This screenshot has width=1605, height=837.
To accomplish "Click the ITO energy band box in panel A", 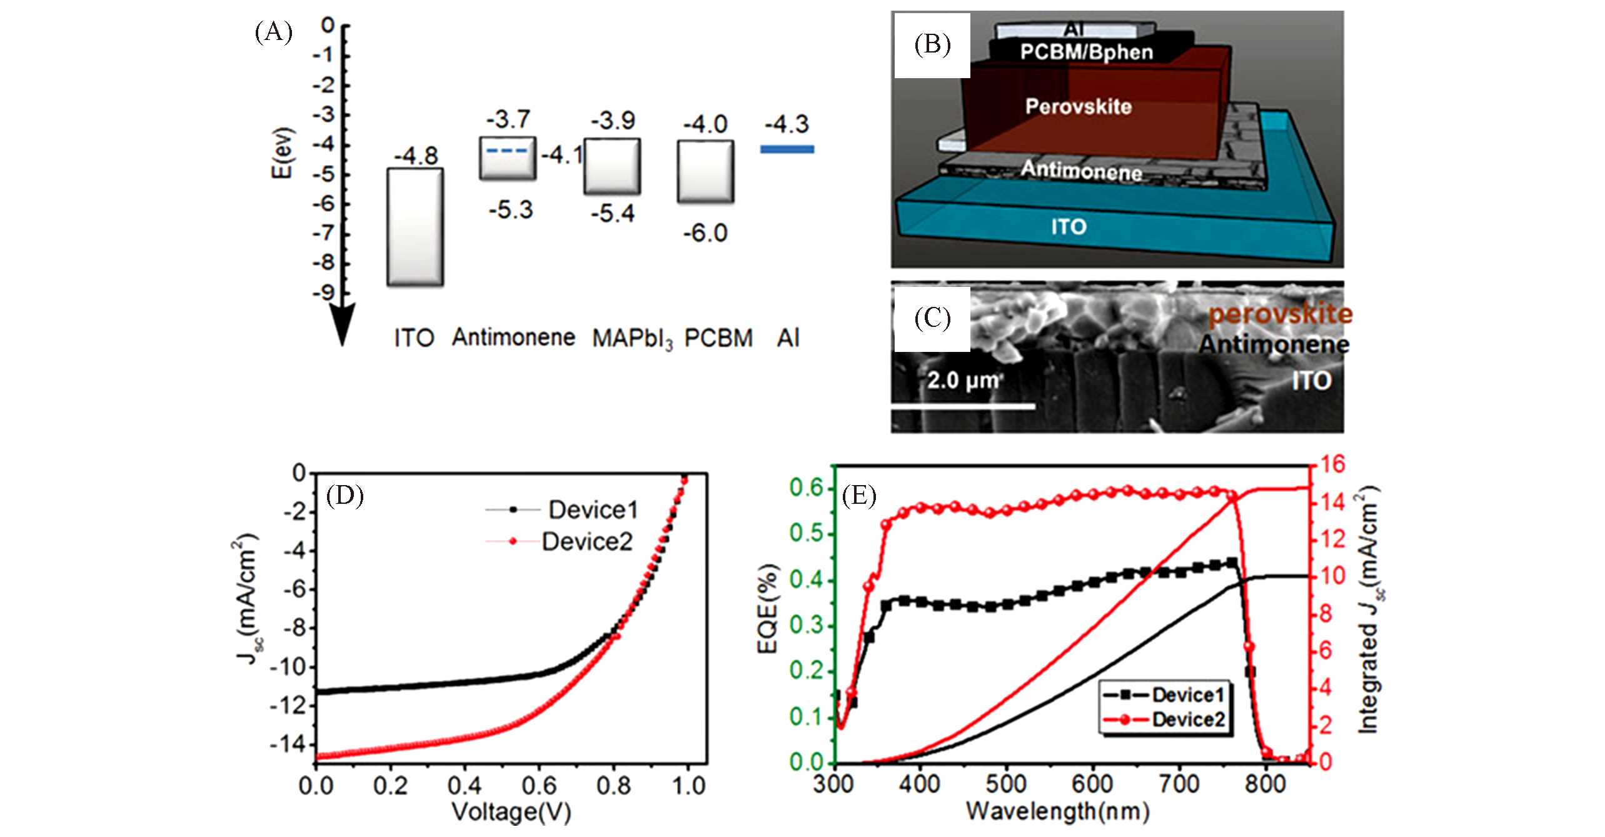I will point(415,227).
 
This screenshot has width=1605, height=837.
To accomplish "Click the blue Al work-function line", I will point(787,149).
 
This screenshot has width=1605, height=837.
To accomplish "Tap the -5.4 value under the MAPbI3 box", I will point(613,214).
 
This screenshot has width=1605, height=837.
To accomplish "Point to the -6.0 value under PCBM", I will point(705,234).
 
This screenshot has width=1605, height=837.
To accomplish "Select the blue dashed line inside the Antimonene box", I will point(507,151).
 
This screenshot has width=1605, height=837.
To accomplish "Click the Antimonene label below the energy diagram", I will point(513,338).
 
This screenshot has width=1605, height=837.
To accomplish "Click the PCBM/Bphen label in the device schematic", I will point(1086,53).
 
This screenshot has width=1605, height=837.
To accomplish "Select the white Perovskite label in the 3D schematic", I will point(1078,106).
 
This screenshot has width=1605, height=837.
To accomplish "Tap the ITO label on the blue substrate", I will point(1069,227).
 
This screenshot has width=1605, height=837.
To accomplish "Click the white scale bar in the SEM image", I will point(963,407).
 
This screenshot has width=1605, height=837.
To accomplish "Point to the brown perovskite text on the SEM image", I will point(1280,314).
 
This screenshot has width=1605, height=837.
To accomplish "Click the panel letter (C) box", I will point(932,319).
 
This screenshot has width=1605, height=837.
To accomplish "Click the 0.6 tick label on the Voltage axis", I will point(539,786).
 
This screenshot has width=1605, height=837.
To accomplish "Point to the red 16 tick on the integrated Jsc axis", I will point(1332,464).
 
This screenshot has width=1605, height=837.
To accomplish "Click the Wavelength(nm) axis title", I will point(1057,812).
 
